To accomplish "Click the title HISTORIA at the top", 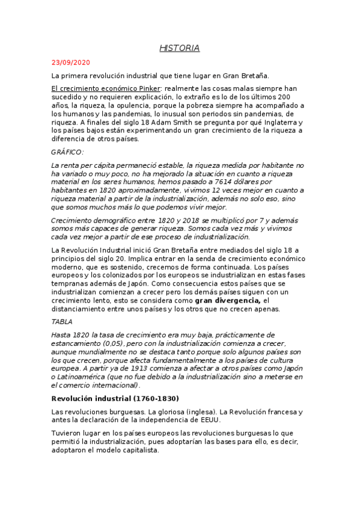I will [x=180, y=48].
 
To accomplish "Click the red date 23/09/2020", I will [x=71, y=62].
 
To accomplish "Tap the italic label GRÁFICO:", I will [x=68, y=152].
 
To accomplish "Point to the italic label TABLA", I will [x=63, y=322].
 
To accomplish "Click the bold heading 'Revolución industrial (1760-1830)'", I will [x=115, y=398].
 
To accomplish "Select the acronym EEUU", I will [x=208, y=420].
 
